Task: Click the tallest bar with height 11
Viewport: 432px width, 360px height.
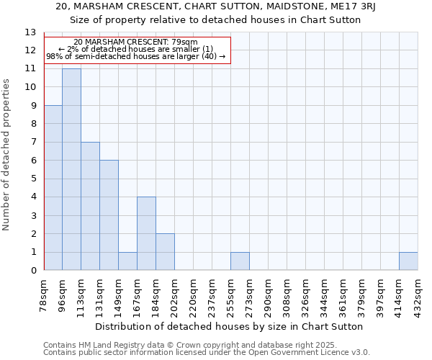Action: [x=71, y=169]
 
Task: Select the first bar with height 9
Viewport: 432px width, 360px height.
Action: [x=53, y=188]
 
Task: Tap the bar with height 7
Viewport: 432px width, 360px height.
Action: [x=90, y=206]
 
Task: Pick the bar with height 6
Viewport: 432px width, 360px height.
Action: [x=109, y=215]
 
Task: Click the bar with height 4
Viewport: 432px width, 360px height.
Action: [x=146, y=233]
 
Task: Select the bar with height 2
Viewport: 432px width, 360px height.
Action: [x=165, y=252]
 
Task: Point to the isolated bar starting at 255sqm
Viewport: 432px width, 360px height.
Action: [x=240, y=261]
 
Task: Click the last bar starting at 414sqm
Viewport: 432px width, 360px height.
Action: [x=408, y=261]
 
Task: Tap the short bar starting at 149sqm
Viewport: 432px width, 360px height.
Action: [x=127, y=261]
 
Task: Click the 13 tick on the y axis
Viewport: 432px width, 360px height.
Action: [x=30, y=32]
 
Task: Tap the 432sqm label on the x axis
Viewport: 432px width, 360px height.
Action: [x=418, y=294]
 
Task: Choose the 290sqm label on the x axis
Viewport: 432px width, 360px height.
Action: [x=269, y=294]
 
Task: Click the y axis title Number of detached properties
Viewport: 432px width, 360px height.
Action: [x=6, y=155]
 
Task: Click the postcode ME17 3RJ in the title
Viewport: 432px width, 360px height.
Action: [x=361, y=6]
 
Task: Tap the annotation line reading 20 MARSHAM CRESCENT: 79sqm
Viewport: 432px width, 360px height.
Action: [x=135, y=42]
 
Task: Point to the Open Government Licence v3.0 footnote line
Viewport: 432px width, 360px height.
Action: [x=207, y=352]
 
